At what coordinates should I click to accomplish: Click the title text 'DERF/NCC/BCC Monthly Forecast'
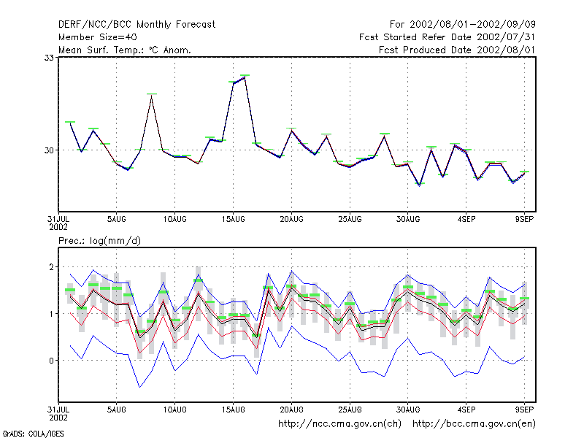tap(137, 25)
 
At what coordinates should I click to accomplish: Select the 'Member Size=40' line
tap(98, 37)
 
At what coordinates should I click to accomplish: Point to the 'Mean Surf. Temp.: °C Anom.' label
tap(125, 50)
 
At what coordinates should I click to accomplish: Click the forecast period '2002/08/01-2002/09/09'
tap(472, 25)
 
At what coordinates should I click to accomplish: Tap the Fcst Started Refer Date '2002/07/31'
tap(506, 37)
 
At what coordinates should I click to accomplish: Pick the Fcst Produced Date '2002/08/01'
tap(506, 50)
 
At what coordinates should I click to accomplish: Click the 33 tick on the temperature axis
tap(49, 58)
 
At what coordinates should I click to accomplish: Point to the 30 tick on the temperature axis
tap(49, 150)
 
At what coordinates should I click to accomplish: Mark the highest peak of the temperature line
tap(245, 77)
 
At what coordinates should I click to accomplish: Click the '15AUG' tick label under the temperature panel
tap(233, 220)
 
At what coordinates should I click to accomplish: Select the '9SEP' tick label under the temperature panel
tap(524, 220)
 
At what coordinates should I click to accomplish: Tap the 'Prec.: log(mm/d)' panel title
tap(99, 241)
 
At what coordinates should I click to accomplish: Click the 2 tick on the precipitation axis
tap(51, 267)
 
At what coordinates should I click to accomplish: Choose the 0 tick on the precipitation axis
tap(51, 361)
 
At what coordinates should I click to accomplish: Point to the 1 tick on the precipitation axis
tap(51, 314)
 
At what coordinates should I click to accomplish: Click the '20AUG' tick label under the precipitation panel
tap(291, 410)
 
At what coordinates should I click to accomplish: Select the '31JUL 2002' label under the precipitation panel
tap(58, 413)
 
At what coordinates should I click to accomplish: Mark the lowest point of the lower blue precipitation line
tap(139, 388)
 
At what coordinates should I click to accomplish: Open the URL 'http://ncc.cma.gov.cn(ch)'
tap(339, 424)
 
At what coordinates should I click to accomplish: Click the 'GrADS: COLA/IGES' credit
tap(33, 434)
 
